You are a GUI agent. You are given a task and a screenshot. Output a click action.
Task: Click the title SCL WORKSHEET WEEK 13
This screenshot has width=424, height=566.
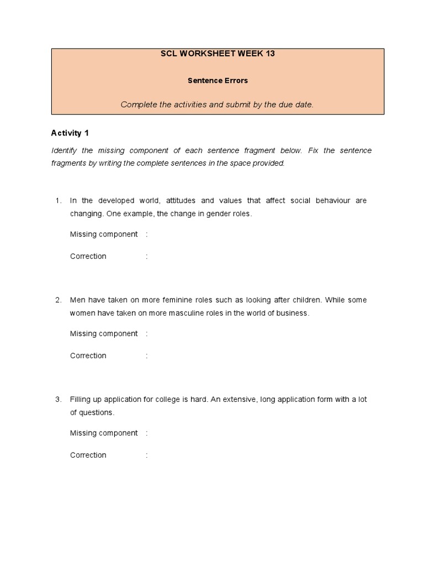coord(217,54)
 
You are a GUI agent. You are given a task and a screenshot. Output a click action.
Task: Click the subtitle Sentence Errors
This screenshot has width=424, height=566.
coord(217,80)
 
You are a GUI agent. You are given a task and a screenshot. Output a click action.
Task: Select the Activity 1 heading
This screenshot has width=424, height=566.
coord(70,133)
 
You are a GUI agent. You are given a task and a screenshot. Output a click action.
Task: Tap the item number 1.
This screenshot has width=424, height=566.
coord(58,201)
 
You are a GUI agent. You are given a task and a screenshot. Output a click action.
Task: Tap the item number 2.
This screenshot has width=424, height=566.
coord(58,300)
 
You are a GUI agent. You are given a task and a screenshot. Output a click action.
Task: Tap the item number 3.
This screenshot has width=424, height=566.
coord(58,399)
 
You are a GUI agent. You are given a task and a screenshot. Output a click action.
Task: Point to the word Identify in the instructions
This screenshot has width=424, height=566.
coord(66,150)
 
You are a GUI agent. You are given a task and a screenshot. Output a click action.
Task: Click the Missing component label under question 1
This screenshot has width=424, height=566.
coord(104,234)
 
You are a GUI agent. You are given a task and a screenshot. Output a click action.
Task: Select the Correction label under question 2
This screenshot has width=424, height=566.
coord(88,356)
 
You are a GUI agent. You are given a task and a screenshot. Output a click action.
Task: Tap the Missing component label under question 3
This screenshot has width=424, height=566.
coord(104,433)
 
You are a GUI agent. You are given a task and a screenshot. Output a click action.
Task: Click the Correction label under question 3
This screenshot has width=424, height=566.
coord(88,455)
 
